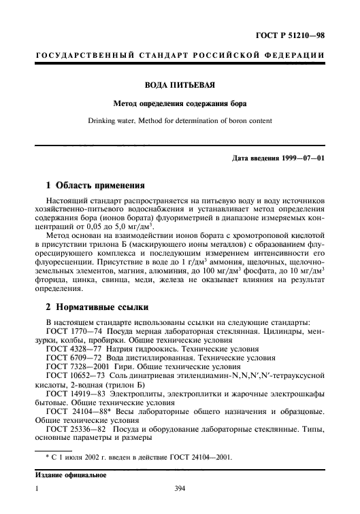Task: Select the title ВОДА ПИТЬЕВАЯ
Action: [x=180, y=86]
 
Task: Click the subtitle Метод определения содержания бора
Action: [x=180, y=104]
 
